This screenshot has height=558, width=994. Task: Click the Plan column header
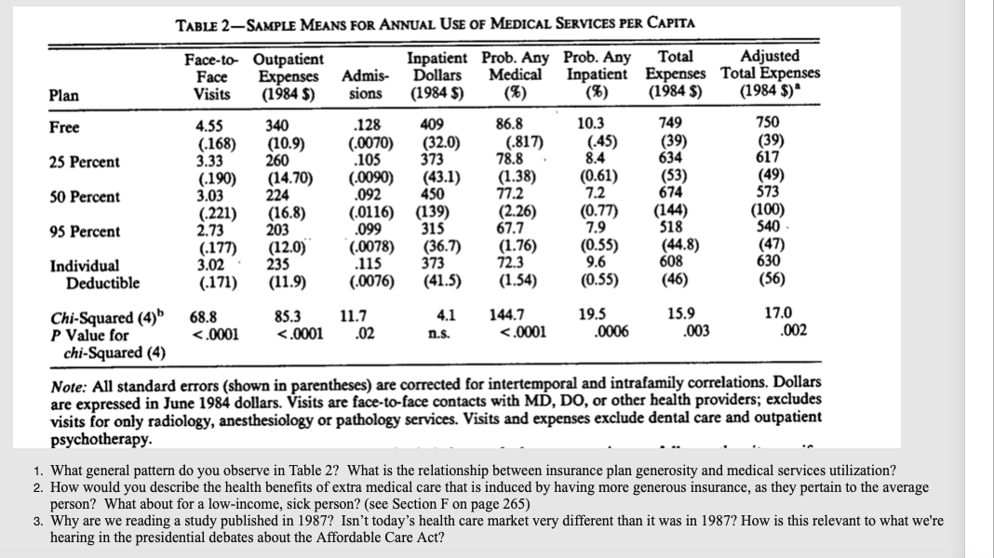coord(64,94)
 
